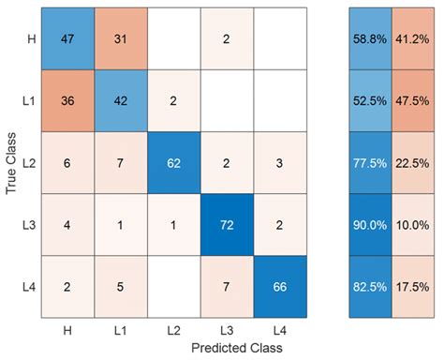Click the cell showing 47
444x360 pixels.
67,38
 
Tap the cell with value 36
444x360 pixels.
67,100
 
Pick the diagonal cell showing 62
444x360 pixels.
173,162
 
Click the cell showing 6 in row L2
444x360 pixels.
67,162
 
